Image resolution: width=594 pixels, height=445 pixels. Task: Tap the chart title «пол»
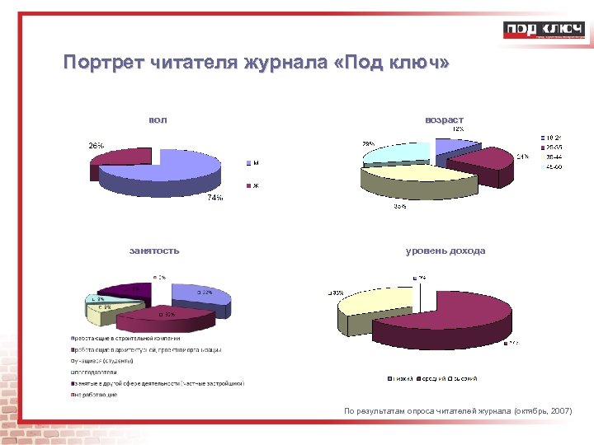158,120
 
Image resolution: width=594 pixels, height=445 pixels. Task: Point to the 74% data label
214,199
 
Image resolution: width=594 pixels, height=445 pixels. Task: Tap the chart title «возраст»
444,120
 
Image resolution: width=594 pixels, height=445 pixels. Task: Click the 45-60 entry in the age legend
553,167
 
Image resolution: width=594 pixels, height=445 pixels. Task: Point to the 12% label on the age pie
456,129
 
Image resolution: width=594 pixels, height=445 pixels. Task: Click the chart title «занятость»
154,251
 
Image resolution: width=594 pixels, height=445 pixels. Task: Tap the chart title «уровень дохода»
445,251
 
